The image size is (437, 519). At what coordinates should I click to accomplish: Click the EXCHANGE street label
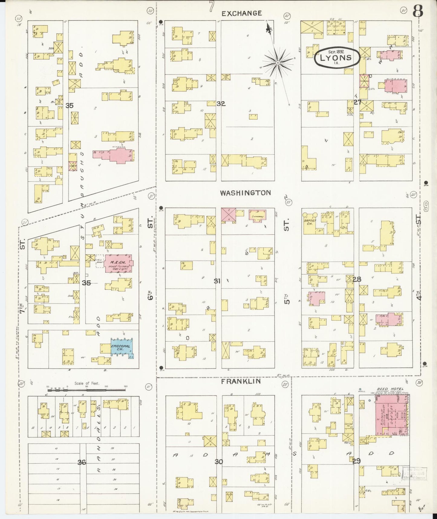coord(241,13)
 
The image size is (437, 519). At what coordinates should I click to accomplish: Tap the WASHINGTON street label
coord(245,193)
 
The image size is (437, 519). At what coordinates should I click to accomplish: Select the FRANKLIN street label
coord(241,381)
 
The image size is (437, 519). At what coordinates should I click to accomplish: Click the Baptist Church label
coord(310,223)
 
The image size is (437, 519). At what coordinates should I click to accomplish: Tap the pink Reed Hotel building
coord(392,415)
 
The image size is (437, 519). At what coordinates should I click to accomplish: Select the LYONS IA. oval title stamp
coord(337,57)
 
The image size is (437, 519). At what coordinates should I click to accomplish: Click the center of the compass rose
coord(277,63)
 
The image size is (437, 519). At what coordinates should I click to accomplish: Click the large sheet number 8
coord(419,12)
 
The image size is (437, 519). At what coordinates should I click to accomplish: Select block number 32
coord(221,104)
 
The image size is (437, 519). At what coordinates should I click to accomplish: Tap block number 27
coord(358,102)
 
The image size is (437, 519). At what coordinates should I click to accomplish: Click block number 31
coord(217,281)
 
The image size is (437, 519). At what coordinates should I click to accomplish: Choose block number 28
coord(357,279)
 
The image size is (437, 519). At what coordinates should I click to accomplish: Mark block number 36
coord(82,462)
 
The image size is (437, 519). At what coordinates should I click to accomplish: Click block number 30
coord(219,461)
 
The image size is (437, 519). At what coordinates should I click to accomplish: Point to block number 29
coord(356,461)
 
